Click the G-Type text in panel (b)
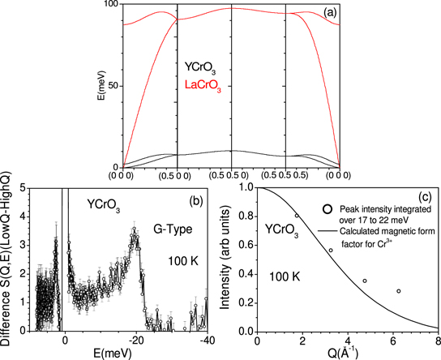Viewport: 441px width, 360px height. (x=170, y=230)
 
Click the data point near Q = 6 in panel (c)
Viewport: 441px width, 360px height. (x=398, y=291)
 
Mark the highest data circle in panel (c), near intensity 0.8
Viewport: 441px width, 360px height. (x=296, y=216)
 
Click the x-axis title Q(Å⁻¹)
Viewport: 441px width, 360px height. (x=350, y=354)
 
